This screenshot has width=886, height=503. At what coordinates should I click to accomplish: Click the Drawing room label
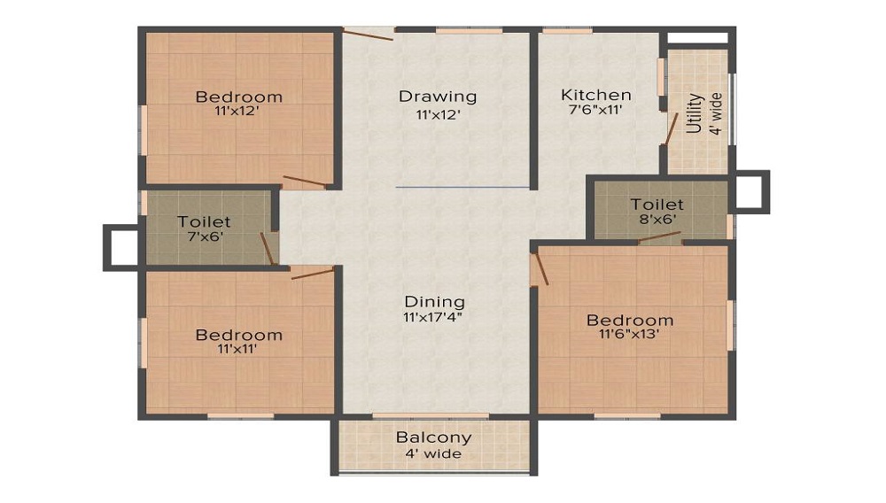(438, 97)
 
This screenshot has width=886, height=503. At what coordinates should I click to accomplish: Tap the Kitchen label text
(595, 95)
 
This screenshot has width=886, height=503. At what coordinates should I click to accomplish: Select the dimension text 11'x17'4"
(433, 317)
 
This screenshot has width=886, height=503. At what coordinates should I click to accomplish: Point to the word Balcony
(433, 437)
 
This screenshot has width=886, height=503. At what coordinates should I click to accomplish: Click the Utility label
(695, 112)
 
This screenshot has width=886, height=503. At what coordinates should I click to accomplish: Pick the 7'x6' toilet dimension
(206, 236)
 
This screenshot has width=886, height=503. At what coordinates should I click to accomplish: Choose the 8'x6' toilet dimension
(657, 219)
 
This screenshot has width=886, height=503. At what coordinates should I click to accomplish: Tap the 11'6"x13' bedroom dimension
(629, 334)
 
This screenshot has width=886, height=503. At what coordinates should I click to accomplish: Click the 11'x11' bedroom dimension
(237, 349)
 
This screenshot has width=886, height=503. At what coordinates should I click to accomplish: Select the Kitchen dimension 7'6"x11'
(595, 109)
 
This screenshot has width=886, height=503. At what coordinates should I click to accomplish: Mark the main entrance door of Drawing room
(368, 35)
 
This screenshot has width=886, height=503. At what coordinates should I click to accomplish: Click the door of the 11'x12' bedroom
(305, 181)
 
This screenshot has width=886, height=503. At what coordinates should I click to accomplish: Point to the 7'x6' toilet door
(267, 249)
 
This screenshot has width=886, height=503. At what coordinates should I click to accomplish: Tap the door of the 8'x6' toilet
(659, 236)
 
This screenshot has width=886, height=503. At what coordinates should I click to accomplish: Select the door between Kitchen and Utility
(672, 128)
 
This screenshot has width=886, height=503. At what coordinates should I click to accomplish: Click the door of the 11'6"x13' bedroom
(540, 268)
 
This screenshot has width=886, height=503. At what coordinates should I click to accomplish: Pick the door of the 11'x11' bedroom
(313, 274)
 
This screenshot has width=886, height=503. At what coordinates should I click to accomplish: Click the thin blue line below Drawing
(462, 187)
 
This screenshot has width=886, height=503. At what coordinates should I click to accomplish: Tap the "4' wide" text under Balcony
(433, 453)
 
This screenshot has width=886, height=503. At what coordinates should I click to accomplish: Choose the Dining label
(434, 302)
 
